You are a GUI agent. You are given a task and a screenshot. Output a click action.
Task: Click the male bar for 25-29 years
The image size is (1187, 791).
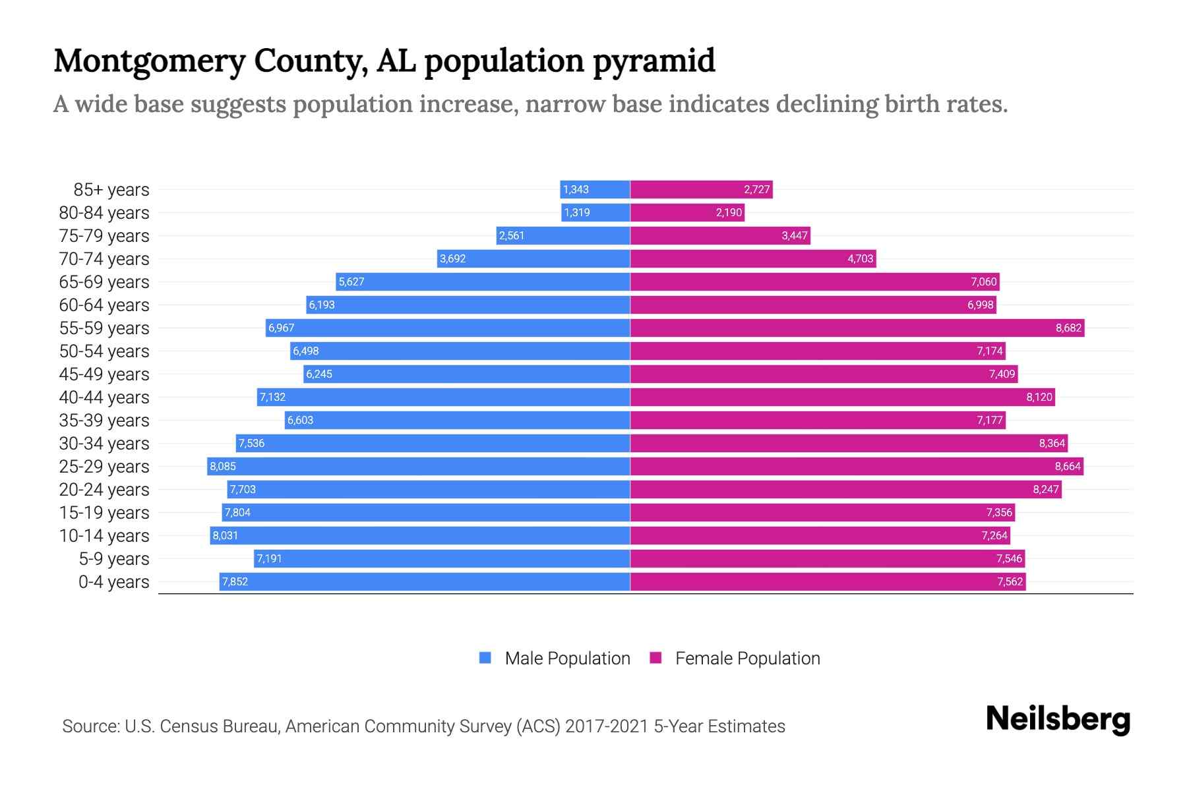[419, 466]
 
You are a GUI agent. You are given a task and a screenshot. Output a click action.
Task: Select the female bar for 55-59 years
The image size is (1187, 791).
[857, 328]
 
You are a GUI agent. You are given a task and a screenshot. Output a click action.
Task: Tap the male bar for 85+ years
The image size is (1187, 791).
[595, 189]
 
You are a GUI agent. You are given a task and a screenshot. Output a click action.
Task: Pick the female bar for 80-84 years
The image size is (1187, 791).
[687, 212]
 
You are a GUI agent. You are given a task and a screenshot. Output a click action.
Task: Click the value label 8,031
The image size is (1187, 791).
[226, 535]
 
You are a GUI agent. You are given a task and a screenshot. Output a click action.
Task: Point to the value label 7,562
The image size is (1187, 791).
[1010, 581]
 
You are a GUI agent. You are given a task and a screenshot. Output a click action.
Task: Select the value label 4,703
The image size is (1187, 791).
[860, 258]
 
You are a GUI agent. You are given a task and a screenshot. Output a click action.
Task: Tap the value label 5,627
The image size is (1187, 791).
[351, 281]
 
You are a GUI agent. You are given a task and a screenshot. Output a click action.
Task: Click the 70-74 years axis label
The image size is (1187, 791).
[104, 258]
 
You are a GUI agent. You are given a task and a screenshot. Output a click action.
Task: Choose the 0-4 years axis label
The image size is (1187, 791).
[113, 581]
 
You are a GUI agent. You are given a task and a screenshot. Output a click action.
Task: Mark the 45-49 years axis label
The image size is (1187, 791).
[104, 374]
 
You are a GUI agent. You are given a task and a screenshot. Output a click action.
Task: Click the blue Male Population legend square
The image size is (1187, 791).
[485, 658]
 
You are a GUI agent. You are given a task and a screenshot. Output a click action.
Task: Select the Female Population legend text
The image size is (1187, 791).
[747, 658]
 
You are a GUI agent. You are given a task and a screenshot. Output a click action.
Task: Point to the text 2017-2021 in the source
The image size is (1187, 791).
[607, 726]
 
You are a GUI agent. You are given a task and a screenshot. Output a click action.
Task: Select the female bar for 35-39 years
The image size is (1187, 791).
[818, 420]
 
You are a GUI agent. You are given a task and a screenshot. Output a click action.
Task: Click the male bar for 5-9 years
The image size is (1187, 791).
[442, 558]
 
